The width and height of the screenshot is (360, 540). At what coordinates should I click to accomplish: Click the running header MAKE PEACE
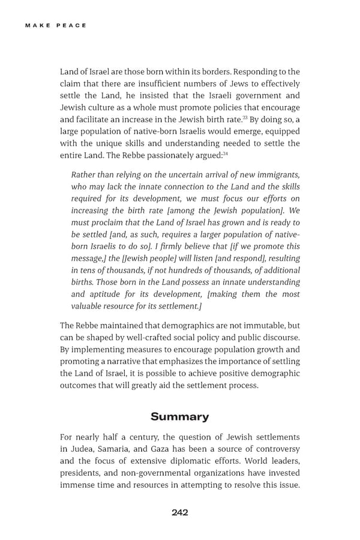pyautogui.click(x=56, y=25)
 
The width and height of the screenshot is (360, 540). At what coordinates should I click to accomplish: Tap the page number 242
pyautogui.click(x=180, y=512)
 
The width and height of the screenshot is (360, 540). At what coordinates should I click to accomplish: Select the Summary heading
pyautogui.click(x=180, y=416)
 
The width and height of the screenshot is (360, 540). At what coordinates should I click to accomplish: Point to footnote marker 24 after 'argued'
pyautogui.click(x=225, y=154)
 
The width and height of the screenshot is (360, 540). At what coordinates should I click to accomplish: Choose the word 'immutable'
pyautogui.click(x=260, y=325)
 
